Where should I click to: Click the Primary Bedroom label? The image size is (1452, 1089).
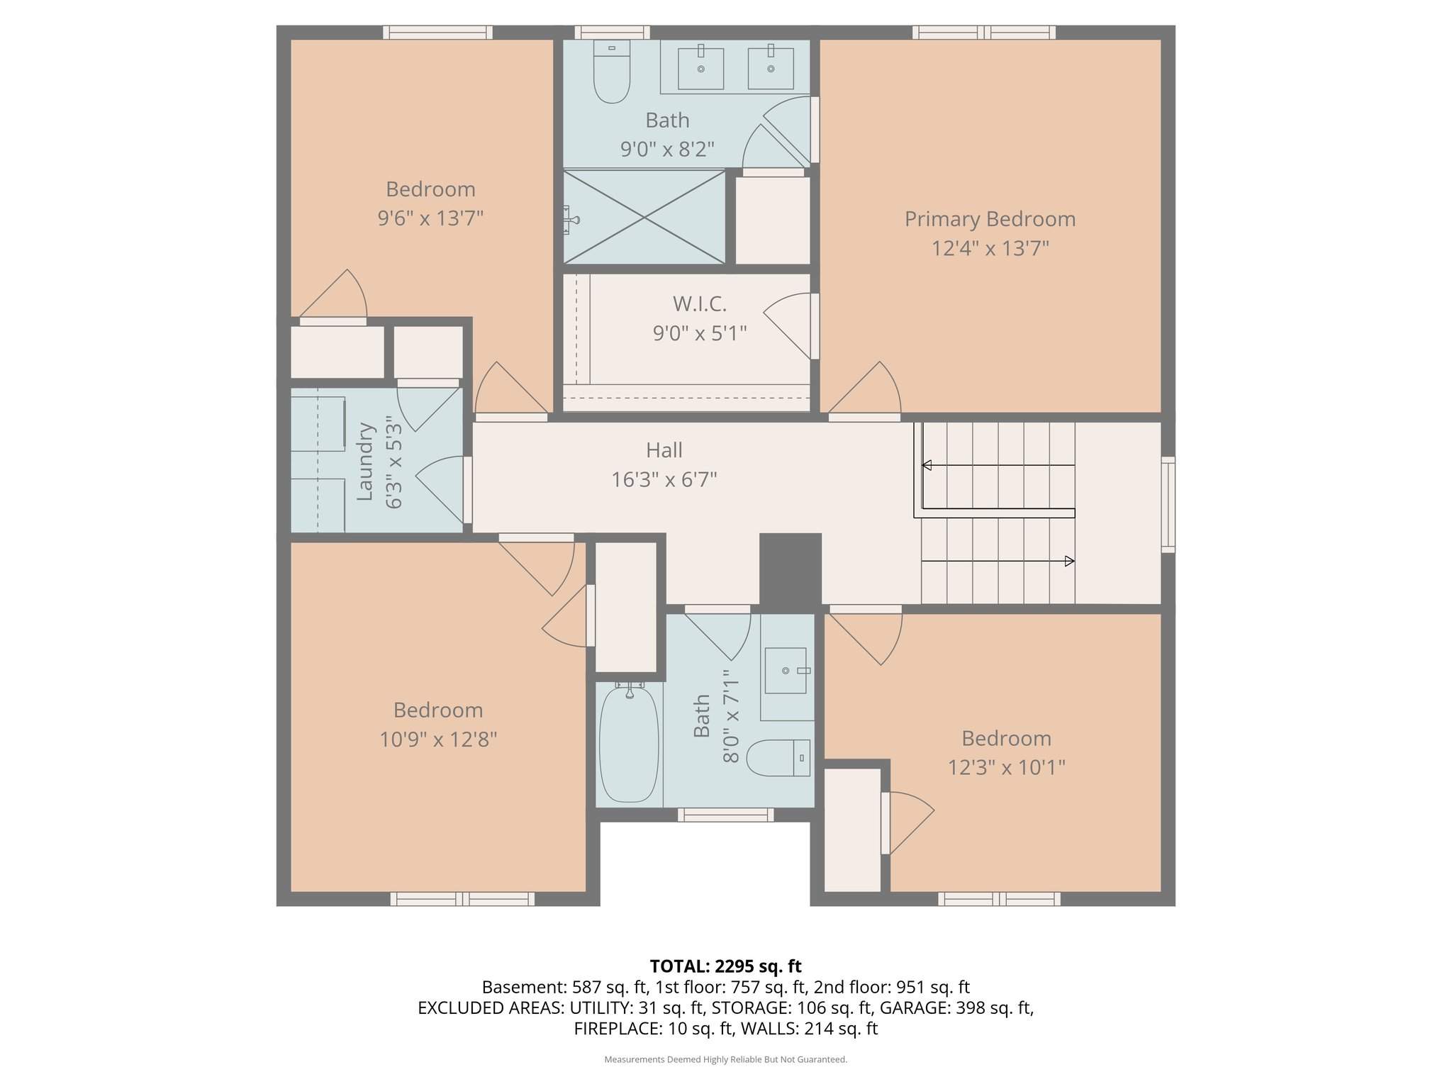pyautogui.click(x=990, y=219)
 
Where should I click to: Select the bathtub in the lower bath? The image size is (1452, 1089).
pyautogui.click(x=629, y=744)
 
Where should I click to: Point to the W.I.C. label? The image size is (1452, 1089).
pyautogui.click(x=699, y=304)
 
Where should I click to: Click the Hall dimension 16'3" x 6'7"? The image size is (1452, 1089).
pyautogui.click(x=664, y=480)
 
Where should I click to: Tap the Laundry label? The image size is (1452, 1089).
pyautogui.click(x=364, y=462)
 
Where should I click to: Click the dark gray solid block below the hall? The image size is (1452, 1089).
pyautogui.click(x=790, y=569)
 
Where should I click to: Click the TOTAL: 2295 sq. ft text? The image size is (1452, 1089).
pyautogui.click(x=725, y=966)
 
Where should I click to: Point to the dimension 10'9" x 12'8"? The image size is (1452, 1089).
pyautogui.click(x=438, y=739)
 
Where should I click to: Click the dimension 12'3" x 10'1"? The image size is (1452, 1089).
pyautogui.click(x=1006, y=767)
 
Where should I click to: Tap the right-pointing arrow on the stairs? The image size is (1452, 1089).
pyautogui.click(x=1069, y=561)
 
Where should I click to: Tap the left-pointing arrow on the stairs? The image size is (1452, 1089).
pyautogui.click(x=927, y=466)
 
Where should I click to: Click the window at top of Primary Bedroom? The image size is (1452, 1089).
pyautogui.click(x=983, y=33)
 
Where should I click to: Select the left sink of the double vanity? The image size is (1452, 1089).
pyautogui.click(x=700, y=68)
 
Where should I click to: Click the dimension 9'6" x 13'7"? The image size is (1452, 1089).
pyautogui.click(x=430, y=218)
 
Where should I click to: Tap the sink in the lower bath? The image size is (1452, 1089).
pyautogui.click(x=786, y=670)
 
